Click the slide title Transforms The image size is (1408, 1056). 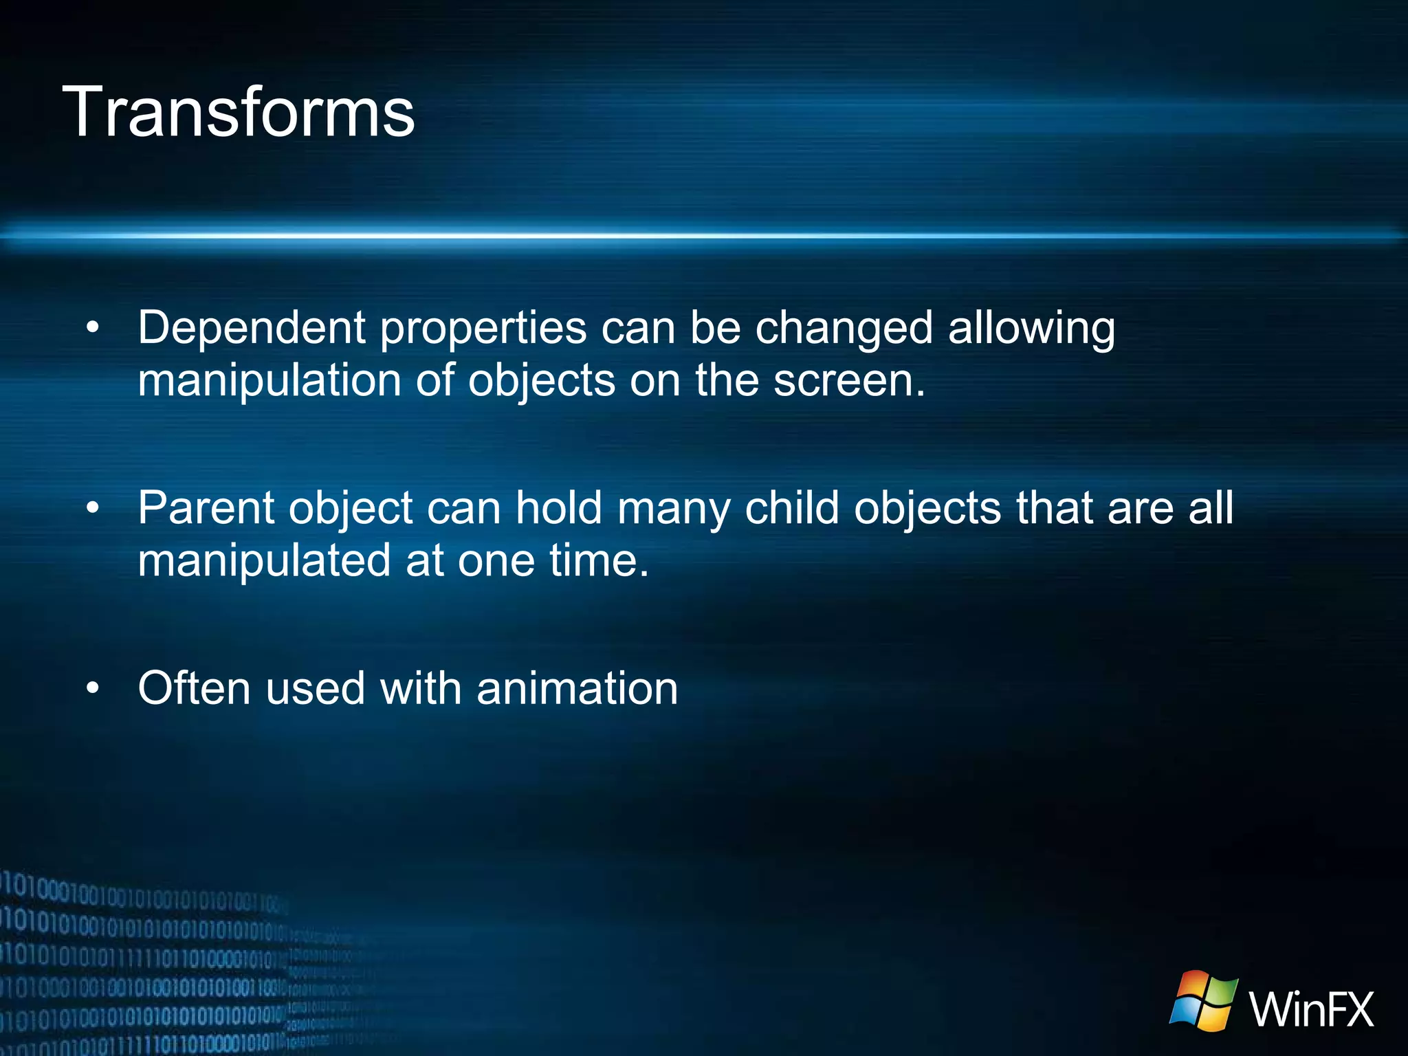239,111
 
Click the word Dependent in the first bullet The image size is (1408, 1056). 251,327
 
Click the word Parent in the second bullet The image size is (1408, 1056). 206,509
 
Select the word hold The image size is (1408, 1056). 558,509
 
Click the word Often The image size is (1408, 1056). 195,688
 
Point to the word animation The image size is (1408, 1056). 577,688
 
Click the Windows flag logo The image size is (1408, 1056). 1204,1000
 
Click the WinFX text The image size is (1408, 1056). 1311,1009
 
